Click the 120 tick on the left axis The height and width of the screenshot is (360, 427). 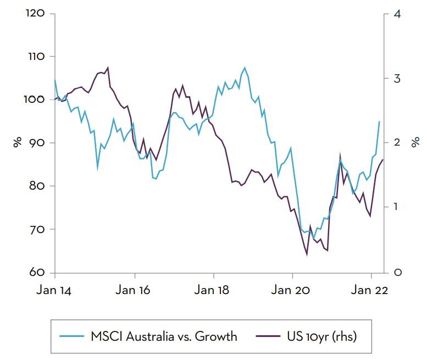tap(35, 13)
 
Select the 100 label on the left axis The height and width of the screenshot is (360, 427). tap(35, 99)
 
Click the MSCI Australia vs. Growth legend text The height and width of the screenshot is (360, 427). tap(164, 336)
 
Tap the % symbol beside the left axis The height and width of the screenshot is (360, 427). tap(17, 143)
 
